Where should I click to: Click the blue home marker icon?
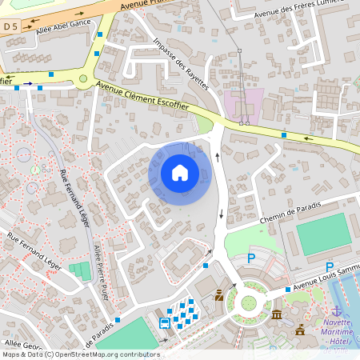pos(179,173)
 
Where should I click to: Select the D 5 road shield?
pos(10,26)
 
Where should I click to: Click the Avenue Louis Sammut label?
pos(325,284)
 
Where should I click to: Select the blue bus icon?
pos(164,323)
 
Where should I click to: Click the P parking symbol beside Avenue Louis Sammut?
pos(329,267)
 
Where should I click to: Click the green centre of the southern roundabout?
pos(249,302)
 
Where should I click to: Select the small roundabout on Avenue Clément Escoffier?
pos(82,78)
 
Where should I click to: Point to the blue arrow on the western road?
pos(28,82)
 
